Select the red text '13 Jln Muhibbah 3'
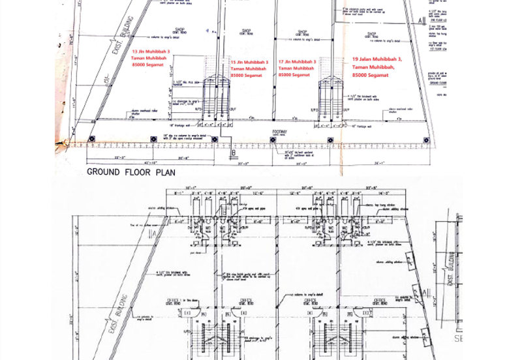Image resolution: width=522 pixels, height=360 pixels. pyautogui.click(x=151, y=51)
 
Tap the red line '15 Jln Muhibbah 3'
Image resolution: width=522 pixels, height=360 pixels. pyautogui.click(x=249, y=62)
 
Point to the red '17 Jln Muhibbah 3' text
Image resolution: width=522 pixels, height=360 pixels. pyautogui.click(x=297, y=62)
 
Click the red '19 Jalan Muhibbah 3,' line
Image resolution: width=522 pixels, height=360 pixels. pyautogui.click(x=376, y=59)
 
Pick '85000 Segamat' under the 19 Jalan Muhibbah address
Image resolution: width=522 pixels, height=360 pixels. pyautogui.click(x=370, y=75)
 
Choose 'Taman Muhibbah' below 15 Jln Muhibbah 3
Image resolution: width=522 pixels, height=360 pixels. pyautogui.click(x=248, y=68)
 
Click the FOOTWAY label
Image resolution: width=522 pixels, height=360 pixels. pyautogui.click(x=279, y=131)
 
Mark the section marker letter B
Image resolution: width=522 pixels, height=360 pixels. pyautogui.click(x=233, y=154)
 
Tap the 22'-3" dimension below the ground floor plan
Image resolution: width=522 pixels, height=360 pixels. pyautogui.click(x=119, y=157)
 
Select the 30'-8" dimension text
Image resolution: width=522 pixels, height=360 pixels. pyautogui.click(x=183, y=157)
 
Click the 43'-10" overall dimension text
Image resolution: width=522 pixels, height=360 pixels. pyautogui.click(x=150, y=163)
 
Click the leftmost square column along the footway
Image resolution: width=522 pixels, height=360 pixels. pyautogui.click(x=91, y=139)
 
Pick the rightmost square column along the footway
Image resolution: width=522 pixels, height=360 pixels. pyautogui.click(x=427, y=140)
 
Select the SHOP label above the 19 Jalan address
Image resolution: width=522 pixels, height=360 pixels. pyautogui.click(x=371, y=34)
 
